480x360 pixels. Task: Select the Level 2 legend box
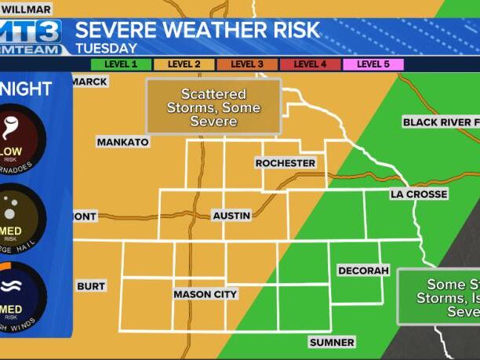pyautogui.click(x=184, y=64)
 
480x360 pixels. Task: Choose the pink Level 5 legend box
pyautogui.click(x=373, y=64)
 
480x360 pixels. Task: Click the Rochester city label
pyautogui.click(x=285, y=163)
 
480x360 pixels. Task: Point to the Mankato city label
pyautogui.click(x=122, y=142)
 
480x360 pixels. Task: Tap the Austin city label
pyautogui.click(x=231, y=215)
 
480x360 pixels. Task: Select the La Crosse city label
pyautogui.click(x=419, y=194)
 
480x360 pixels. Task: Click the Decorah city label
pyautogui.click(x=363, y=271)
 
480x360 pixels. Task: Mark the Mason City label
pyautogui.click(x=205, y=294)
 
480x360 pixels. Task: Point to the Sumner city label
pyautogui.click(x=332, y=342)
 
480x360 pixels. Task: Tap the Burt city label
pyautogui.click(x=91, y=286)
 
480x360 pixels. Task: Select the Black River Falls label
pyautogui.click(x=440, y=122)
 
